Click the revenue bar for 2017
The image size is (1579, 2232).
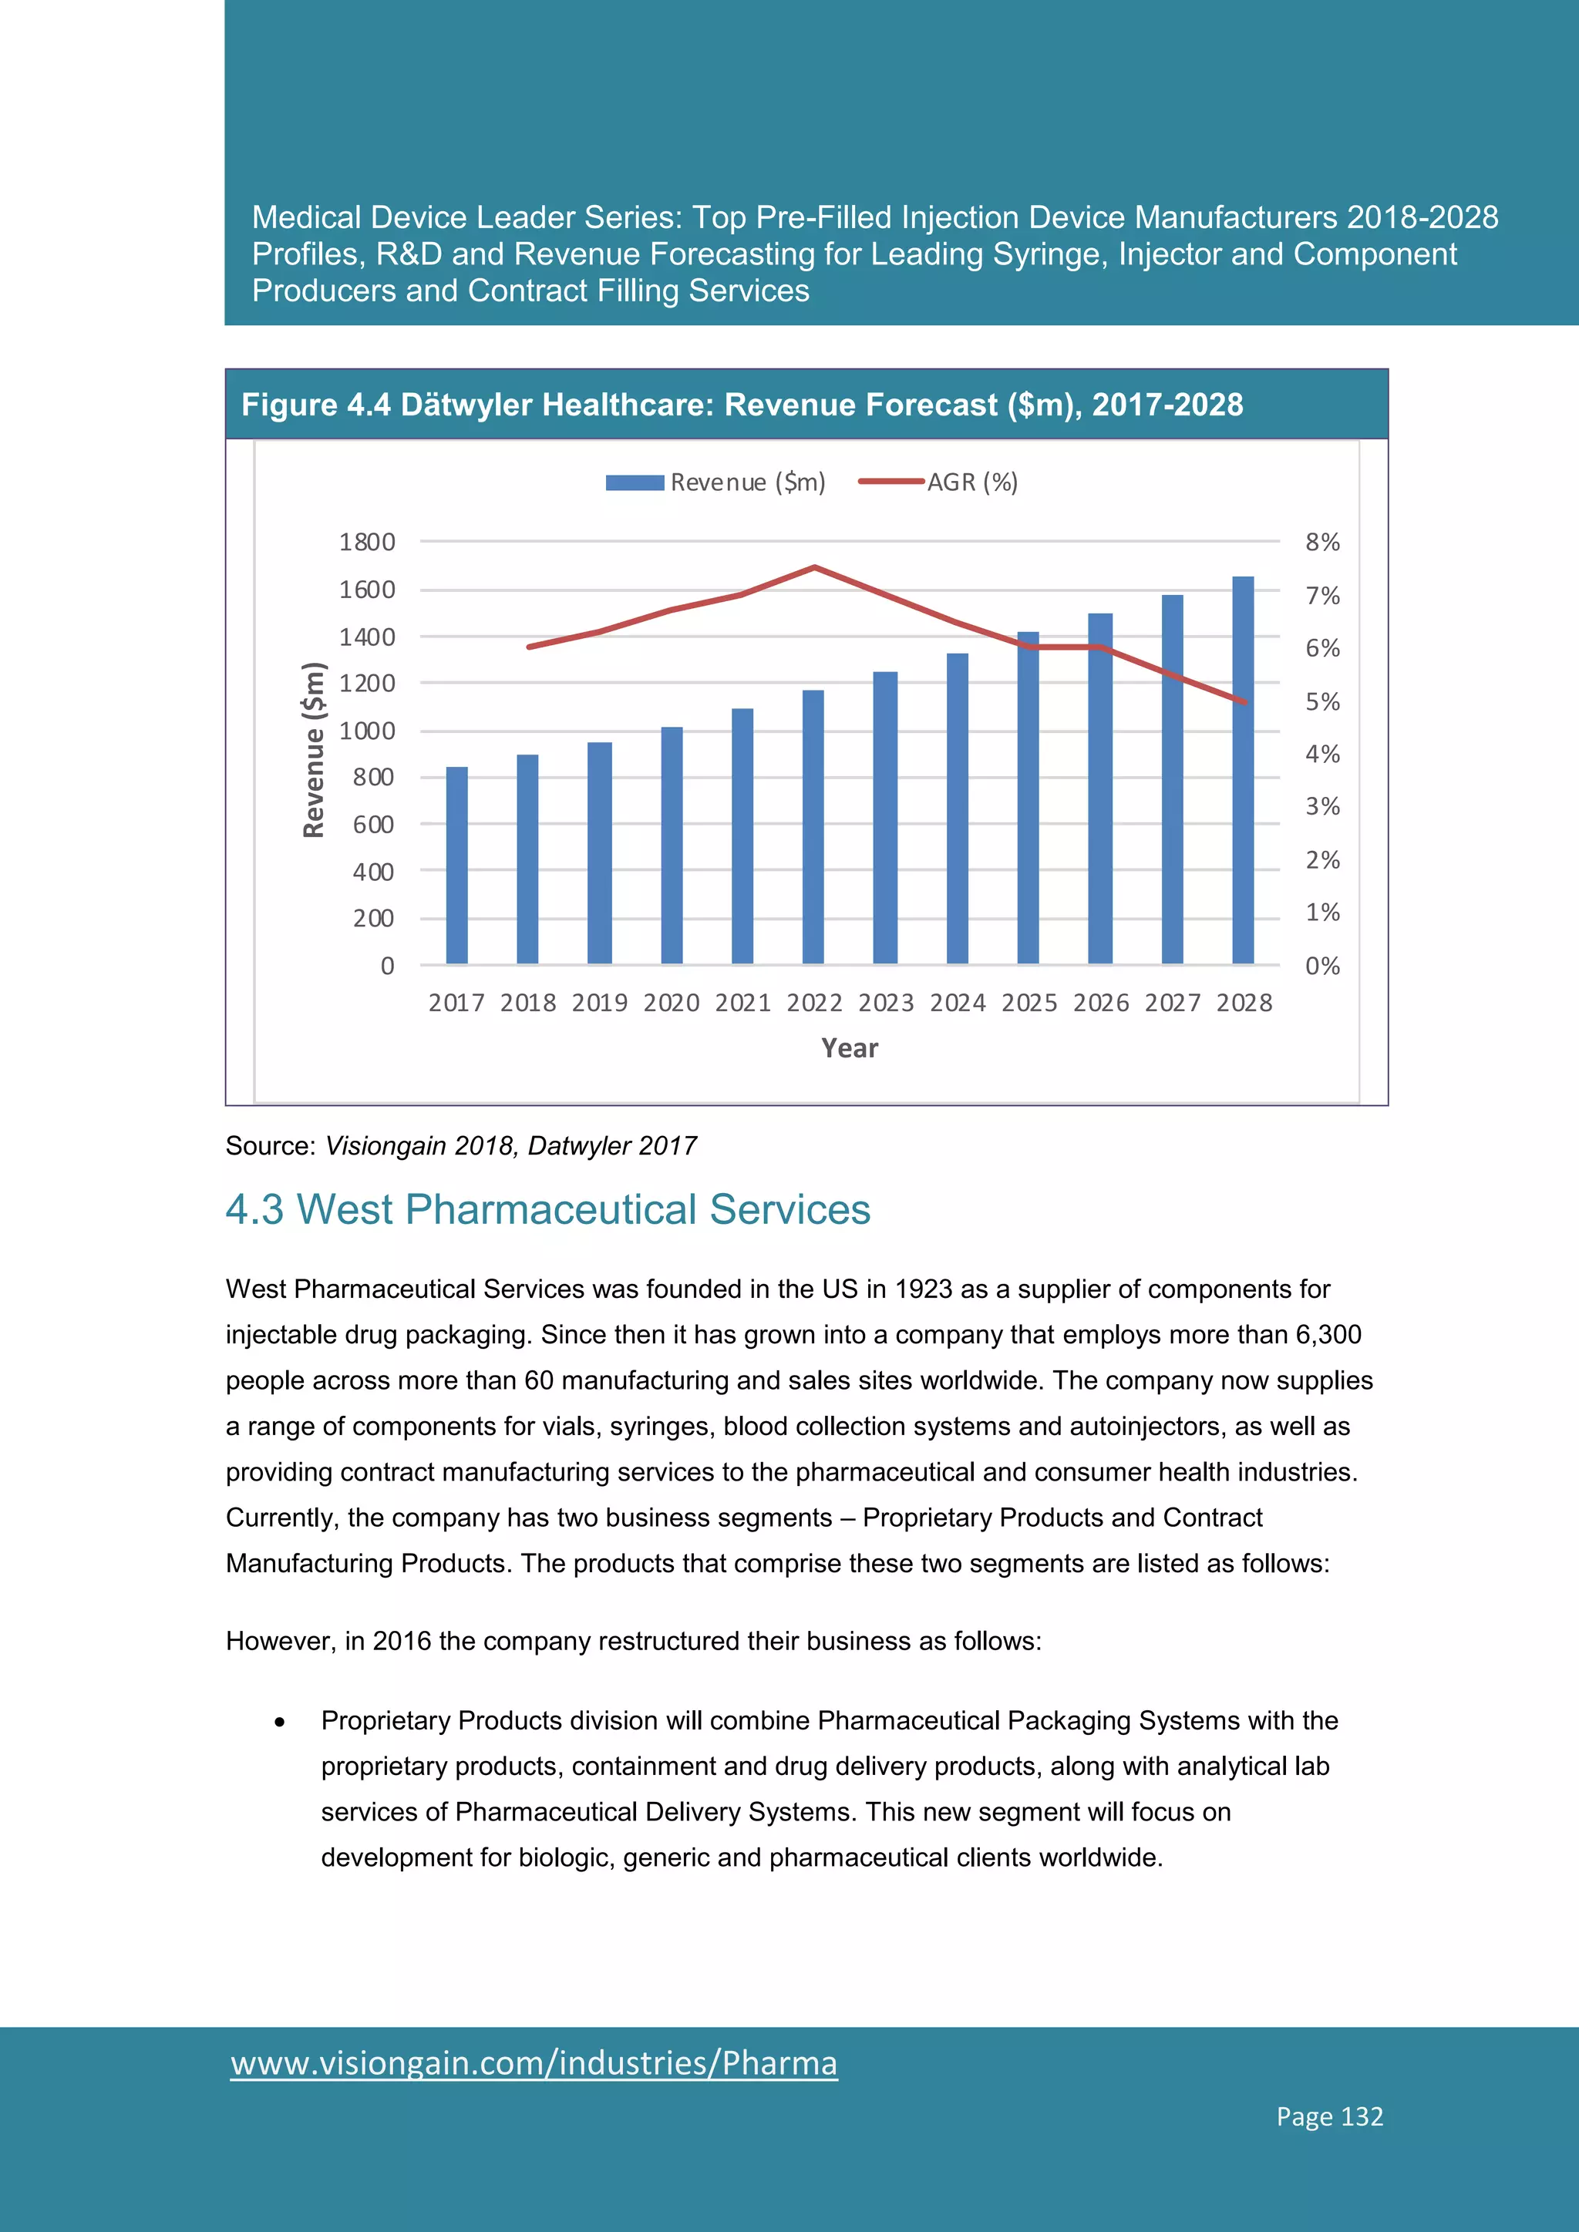tap(456, 866)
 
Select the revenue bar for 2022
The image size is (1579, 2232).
tap(813, 826)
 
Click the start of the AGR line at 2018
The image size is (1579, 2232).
tap(528, 647)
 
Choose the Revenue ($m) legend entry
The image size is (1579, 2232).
tap(715, 482)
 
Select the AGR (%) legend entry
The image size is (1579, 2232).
tap(938, 482)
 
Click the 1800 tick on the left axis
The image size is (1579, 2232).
tap(366, 542)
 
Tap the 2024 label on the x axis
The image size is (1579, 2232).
tap(957, 1002)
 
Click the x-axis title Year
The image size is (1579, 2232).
tap(849, 1048)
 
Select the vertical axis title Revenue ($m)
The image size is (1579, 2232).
tap(313, 748)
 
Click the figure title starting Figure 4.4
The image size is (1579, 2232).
tap(741, 405)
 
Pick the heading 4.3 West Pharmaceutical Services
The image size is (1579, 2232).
tap(547, 1209)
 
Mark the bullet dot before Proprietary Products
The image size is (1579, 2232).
tap(280, 1722)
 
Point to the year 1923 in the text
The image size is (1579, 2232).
tap(923, 1289)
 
